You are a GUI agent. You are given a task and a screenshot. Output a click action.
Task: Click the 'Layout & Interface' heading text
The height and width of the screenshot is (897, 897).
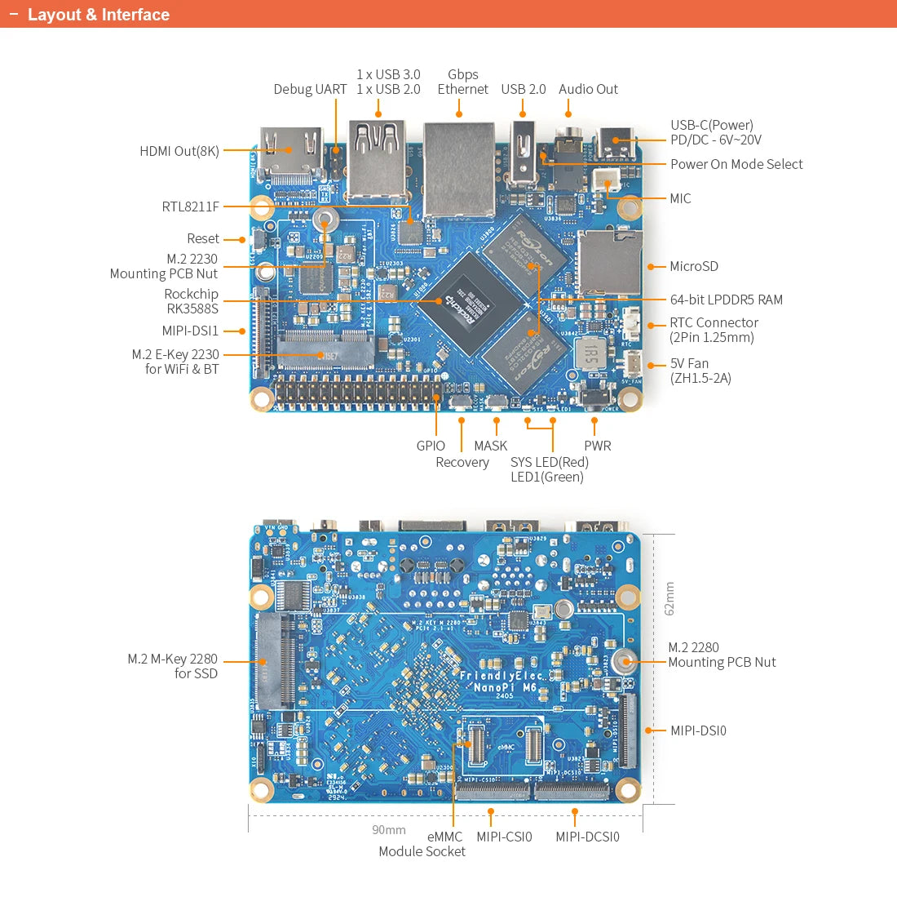coord(98,15)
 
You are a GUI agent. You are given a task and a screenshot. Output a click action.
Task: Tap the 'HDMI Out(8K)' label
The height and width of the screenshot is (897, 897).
coord(179,151)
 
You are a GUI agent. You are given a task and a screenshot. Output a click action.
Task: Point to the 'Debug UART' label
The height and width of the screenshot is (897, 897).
coord(310,89)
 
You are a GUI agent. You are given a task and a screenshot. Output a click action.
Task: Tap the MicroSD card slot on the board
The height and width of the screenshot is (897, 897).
coord(608,263)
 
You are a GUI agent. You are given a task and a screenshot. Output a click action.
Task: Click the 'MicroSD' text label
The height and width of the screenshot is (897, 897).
coord(694,266)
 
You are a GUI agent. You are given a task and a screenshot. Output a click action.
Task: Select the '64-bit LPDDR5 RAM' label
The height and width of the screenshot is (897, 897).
coord(726,300)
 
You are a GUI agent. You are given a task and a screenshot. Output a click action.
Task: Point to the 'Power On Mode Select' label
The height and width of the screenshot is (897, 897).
coord(736,164)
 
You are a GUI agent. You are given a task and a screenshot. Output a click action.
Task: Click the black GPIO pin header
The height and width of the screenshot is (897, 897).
coord(355,394)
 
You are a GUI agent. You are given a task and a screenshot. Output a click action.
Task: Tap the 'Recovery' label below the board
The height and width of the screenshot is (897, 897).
coord(462,462)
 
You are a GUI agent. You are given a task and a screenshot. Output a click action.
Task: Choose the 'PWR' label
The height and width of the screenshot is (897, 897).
coord(597,446)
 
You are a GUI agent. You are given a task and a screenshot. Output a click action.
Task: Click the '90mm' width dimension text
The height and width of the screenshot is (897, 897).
coord(389,830)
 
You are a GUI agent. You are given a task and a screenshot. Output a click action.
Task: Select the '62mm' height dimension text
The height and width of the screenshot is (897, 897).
coord(669,598)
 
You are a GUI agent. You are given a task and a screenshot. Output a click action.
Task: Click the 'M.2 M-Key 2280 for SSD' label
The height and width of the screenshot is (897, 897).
coord(173,666)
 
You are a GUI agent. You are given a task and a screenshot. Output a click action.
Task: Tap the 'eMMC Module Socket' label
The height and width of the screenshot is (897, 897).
coord(422,844)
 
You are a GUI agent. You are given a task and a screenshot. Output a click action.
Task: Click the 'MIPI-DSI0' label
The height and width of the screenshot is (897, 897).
coord(698,730)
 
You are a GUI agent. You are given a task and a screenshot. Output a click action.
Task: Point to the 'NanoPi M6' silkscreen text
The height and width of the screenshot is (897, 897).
coord(506,687)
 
